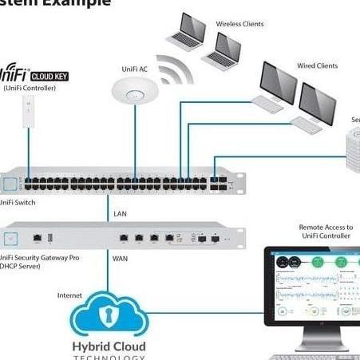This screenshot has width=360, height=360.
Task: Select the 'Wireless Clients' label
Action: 239,24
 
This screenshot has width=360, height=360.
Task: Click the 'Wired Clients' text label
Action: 316,65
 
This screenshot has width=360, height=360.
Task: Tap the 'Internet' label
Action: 69,295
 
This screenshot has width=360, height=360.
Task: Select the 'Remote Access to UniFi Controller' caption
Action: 325,231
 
